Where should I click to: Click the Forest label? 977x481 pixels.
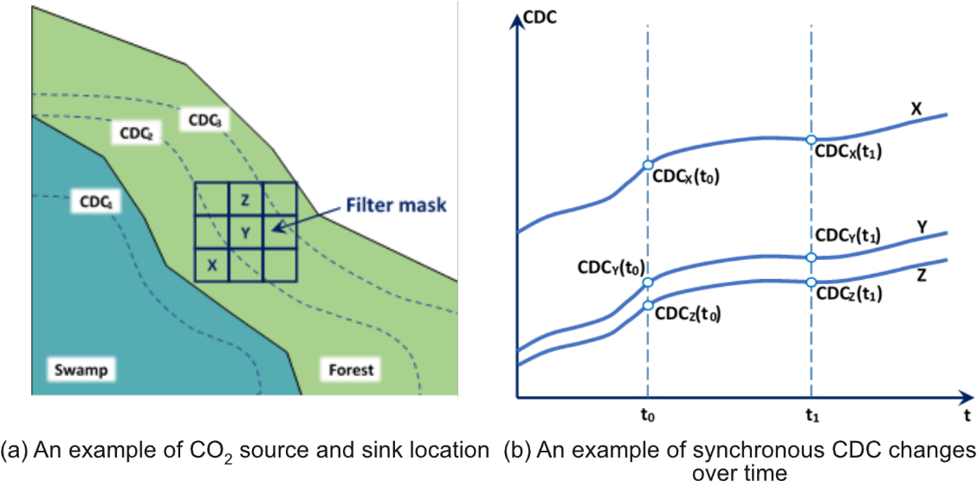coord(351,370)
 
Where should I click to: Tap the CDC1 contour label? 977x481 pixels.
coord(95,201)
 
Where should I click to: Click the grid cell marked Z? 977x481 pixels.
coord(246,200)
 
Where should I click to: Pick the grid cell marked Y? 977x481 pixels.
coord(246,231)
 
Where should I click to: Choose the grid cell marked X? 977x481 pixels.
coord(212,263)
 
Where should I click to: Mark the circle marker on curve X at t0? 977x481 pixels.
coord(648,166)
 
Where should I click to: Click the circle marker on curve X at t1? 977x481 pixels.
coord(811,140)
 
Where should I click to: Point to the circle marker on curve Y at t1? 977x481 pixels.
coord(811,257)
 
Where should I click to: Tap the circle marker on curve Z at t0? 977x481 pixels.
coord(648,305)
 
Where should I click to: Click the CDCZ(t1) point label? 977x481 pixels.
coord(849,295)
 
